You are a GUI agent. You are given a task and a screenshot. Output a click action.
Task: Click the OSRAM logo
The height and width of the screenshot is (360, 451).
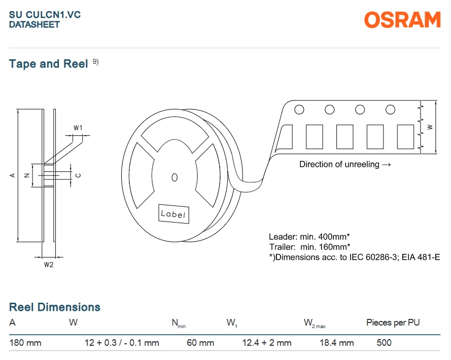click(x=402, y=20)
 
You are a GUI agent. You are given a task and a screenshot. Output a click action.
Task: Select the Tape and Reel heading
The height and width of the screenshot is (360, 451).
click(x=48, y=64)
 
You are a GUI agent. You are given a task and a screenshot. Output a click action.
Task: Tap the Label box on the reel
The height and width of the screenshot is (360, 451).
click(x=174, y=214)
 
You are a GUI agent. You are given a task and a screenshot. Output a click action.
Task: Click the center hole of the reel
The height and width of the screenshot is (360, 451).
click(x=175, y=177)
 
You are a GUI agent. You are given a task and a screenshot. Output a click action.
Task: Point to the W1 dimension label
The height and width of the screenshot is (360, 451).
click(x=78, y=128)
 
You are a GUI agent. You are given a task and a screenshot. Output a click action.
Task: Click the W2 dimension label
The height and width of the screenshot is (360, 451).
click(x=49, y=265)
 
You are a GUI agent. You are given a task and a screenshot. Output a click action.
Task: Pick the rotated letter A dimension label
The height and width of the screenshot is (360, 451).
click(x=12, y=175)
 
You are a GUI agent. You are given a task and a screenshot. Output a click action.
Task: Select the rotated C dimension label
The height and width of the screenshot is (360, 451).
click(x=78, y=175)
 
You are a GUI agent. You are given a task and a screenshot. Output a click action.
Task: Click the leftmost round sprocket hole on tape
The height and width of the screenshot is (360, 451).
click(x=299, y=110)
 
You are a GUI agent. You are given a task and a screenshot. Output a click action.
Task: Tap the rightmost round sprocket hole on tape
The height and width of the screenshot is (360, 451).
click(x=390, y=110)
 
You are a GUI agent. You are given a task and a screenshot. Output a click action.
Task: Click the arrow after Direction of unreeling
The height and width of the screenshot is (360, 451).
click(x=387, y=165)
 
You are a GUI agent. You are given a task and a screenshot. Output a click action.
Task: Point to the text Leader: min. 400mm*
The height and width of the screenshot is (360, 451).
click(x=309, y=237)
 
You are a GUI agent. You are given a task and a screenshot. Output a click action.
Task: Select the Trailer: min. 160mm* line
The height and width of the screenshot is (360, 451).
click(x=310, y=247)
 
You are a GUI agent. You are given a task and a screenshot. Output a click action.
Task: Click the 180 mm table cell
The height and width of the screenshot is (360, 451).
click(x=25, y=343)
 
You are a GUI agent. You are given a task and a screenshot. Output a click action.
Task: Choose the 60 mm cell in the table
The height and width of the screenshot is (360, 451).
click(x=200, y=343)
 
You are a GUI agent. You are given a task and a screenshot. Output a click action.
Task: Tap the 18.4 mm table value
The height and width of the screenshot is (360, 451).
click(x=337, y=343)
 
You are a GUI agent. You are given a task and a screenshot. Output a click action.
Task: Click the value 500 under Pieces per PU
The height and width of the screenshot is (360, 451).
click(x=384, y=343)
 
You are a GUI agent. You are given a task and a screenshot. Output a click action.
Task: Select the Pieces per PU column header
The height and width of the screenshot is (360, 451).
click(x=393, y=322)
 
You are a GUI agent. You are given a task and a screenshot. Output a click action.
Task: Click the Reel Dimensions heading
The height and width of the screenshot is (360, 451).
click(x=55, y=307)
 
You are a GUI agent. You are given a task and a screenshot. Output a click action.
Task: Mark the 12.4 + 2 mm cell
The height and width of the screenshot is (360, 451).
click(x=267, y=343)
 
